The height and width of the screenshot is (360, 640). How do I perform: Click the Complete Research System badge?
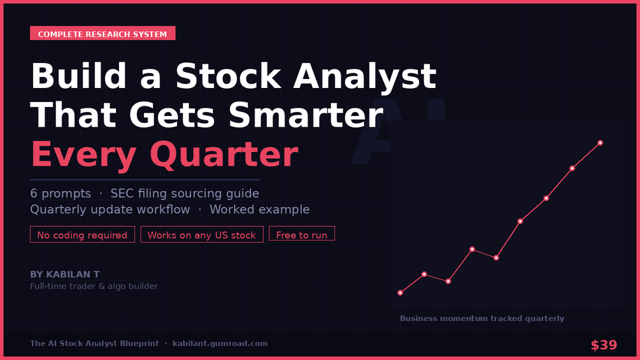103,34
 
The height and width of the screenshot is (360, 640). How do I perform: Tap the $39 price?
604,345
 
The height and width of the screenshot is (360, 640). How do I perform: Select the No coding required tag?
82,234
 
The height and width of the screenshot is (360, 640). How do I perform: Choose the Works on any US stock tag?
202,234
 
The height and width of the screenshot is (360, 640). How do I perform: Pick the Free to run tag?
302,234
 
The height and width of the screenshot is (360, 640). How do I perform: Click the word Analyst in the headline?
365,77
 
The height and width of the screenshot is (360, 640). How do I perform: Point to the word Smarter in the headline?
306,115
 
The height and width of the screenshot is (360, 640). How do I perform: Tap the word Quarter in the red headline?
224,154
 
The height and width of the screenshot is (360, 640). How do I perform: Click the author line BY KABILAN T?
64,274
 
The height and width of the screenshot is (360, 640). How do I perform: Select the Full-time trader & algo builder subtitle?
94,286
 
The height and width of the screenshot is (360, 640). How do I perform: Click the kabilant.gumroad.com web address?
220,343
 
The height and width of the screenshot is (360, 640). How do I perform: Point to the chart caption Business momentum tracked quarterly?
481,319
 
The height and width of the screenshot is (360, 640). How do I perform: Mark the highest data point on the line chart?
600,143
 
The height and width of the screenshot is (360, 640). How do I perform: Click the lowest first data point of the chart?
400,292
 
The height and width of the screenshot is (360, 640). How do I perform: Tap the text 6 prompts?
60,194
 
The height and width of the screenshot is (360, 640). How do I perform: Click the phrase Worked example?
260,210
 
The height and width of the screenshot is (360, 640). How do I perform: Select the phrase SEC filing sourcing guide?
185,194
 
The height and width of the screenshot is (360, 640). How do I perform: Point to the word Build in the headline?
78,76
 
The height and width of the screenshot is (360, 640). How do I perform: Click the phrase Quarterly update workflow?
110,210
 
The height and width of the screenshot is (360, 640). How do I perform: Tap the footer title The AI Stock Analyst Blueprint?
94,343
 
